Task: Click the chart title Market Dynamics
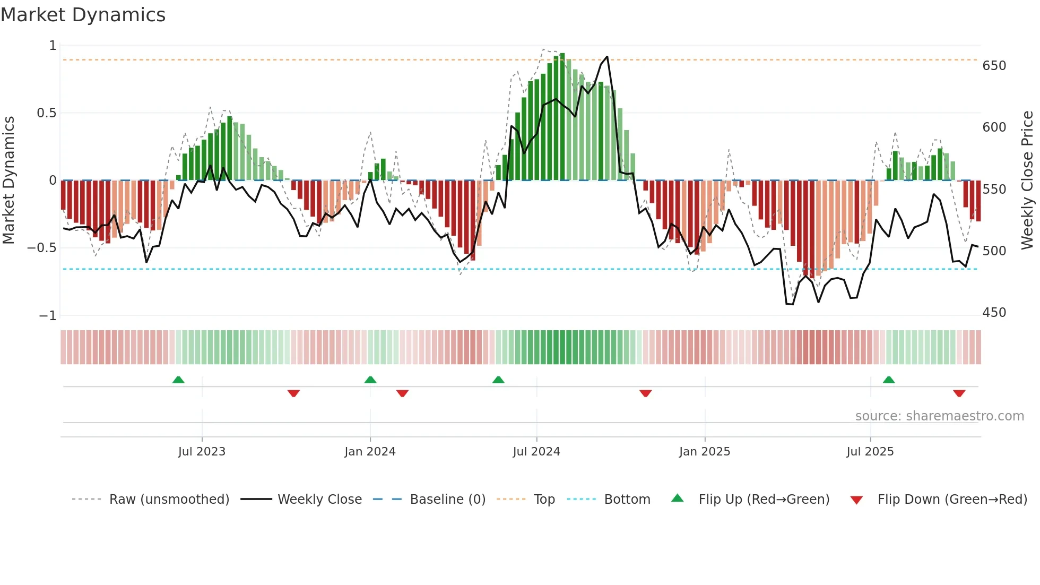pyautogui.click(x=83, y=15)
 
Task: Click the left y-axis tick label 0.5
pyautogui.click(x=46, y=113)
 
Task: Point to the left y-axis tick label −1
pyautogui.click(x=47, y=316)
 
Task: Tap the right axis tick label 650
pyautogui.click(x=994, y=66)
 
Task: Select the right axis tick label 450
pyautogui.click(x=994, y=313)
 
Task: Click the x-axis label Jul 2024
pyautogui.click(x=536, y=452)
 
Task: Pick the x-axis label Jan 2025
pyautogui.click(x=704, y=452)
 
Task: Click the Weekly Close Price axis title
pyautogui.click(x=1027, y=180)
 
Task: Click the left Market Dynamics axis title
pyautogui.click(x=8, y=180)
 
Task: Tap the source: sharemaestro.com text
pyautogui.click(x=939, y=416)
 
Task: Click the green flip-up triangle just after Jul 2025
pyautogui.click(x=889, y=380)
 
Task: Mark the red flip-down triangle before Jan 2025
pyautogui.click(x=645, y=393)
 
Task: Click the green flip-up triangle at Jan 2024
pyautogui.click(x=370, y=380)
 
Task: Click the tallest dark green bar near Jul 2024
pyautogui.click(x=562, y=117)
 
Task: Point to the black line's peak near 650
pyautogui.click(x=607, y=57)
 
